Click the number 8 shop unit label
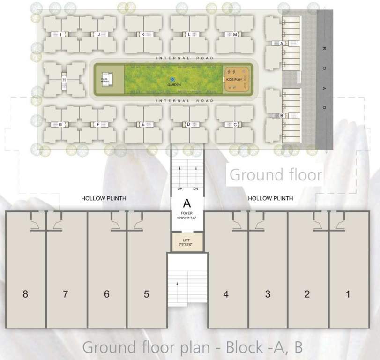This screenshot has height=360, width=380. point(25,294)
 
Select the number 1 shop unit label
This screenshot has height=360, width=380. point(348,294)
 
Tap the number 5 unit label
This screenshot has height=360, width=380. point(147,294)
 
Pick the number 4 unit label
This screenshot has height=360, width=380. point(226,294)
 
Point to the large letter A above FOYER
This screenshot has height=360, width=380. point(187,204)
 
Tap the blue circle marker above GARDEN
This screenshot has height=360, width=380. point(172,80)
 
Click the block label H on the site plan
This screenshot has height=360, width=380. point(64,80)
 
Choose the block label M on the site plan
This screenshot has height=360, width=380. point(235,35)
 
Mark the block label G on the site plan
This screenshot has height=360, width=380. point(60,125)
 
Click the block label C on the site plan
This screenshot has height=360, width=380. point(235,125)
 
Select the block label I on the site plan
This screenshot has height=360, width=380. point(61,34)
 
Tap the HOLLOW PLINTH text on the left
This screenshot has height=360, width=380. point(104,199)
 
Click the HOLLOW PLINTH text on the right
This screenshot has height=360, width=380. point(270,199)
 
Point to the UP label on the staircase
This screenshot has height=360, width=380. point(179,189)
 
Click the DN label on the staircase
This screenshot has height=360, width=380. point(195,189)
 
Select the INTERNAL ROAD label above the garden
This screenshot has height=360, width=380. point(185,58)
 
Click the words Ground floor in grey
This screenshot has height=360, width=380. point(276,175)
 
